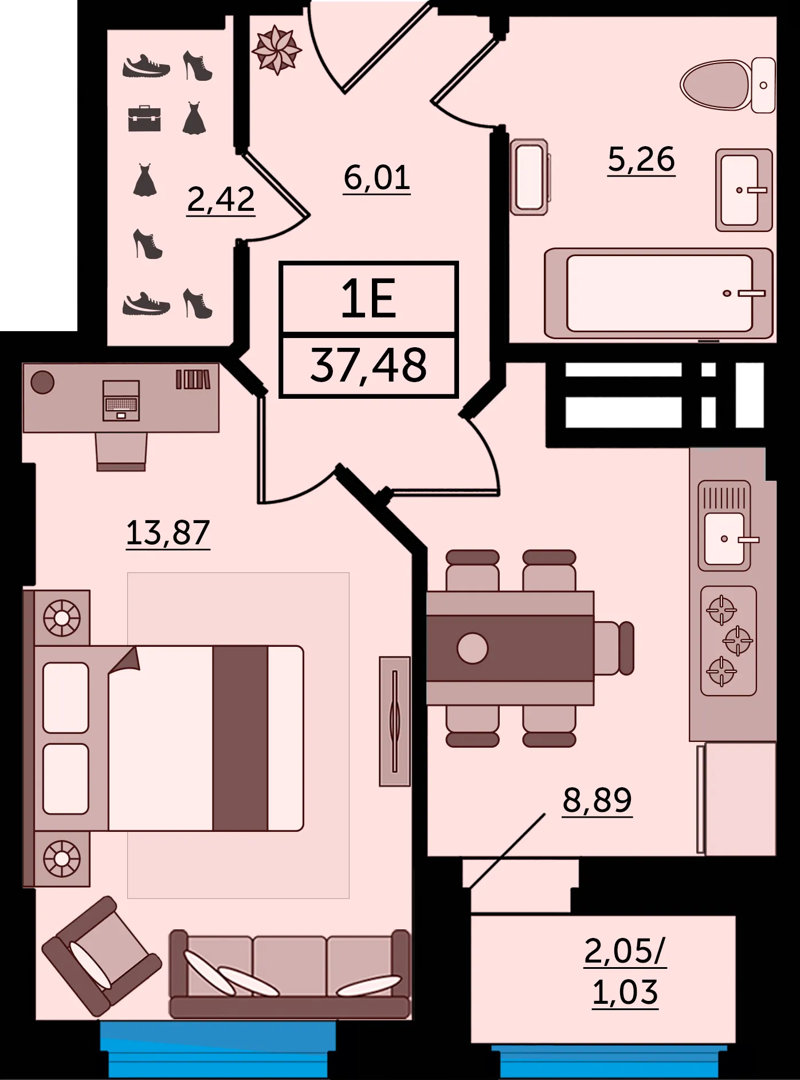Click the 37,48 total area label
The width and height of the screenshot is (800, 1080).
368,365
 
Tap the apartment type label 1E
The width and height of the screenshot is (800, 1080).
368,299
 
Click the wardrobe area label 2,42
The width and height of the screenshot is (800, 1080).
221,199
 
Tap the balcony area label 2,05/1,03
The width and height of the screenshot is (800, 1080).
625,972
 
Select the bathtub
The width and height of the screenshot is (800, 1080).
659,293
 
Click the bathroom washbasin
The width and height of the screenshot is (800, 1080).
744,190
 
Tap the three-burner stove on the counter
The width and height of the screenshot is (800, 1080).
728,641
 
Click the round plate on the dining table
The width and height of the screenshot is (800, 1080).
473,648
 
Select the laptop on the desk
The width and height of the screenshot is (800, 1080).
121,400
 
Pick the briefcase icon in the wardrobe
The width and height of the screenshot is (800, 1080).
144,119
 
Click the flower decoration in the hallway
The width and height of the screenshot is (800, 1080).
277,50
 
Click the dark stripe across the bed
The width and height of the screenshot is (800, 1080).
240,738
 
